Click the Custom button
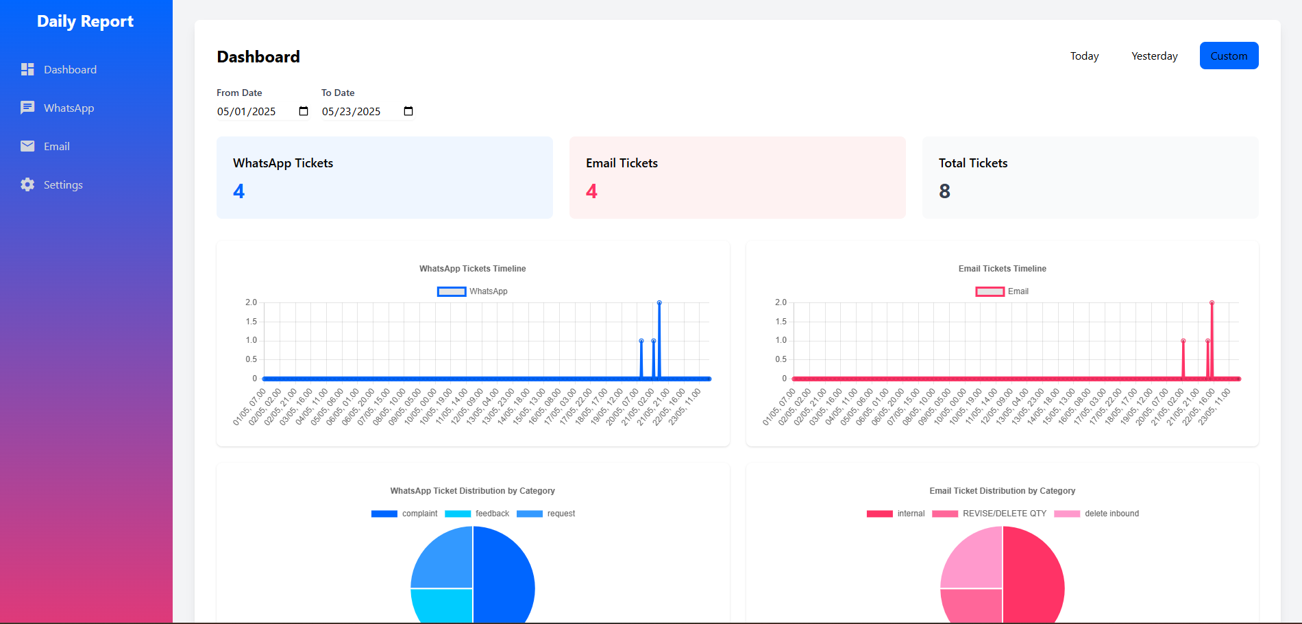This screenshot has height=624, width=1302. click(1229, 56)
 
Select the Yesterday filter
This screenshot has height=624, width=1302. click(1154, 56)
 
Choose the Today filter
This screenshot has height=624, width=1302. click(1084, 56)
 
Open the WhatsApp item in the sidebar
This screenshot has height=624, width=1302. click(69, 108)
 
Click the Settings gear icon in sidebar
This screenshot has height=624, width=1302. click(27, 184)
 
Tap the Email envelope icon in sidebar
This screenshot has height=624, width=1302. click(27, 146)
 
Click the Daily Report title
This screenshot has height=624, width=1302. click(85, 21)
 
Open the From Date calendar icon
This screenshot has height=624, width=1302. click(304, 111)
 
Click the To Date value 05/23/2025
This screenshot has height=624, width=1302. click(351, 111)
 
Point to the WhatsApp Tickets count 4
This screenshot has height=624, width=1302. click(238, 191)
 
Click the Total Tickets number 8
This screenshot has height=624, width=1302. click(944, 191)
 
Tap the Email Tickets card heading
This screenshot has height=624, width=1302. click(622, 163)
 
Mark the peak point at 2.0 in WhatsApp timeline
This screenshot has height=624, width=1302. click(659, 302)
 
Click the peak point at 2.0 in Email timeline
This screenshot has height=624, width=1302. click(1212, 302)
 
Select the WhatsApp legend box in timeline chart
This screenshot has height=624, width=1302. click(452, 291)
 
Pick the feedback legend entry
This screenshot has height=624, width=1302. click(477, 514)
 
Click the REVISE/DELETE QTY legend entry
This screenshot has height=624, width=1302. click(990, 514)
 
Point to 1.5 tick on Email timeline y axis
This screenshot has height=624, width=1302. click(781, 322)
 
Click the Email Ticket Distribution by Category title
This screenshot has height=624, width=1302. click(1002, 491)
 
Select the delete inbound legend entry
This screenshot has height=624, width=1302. click(1096, 514)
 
